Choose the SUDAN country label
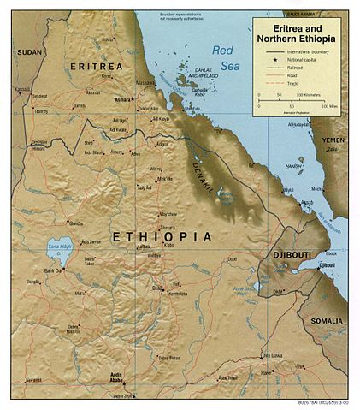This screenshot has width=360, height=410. tap(28, 52)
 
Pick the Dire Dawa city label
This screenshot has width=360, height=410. tap(271, 355)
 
